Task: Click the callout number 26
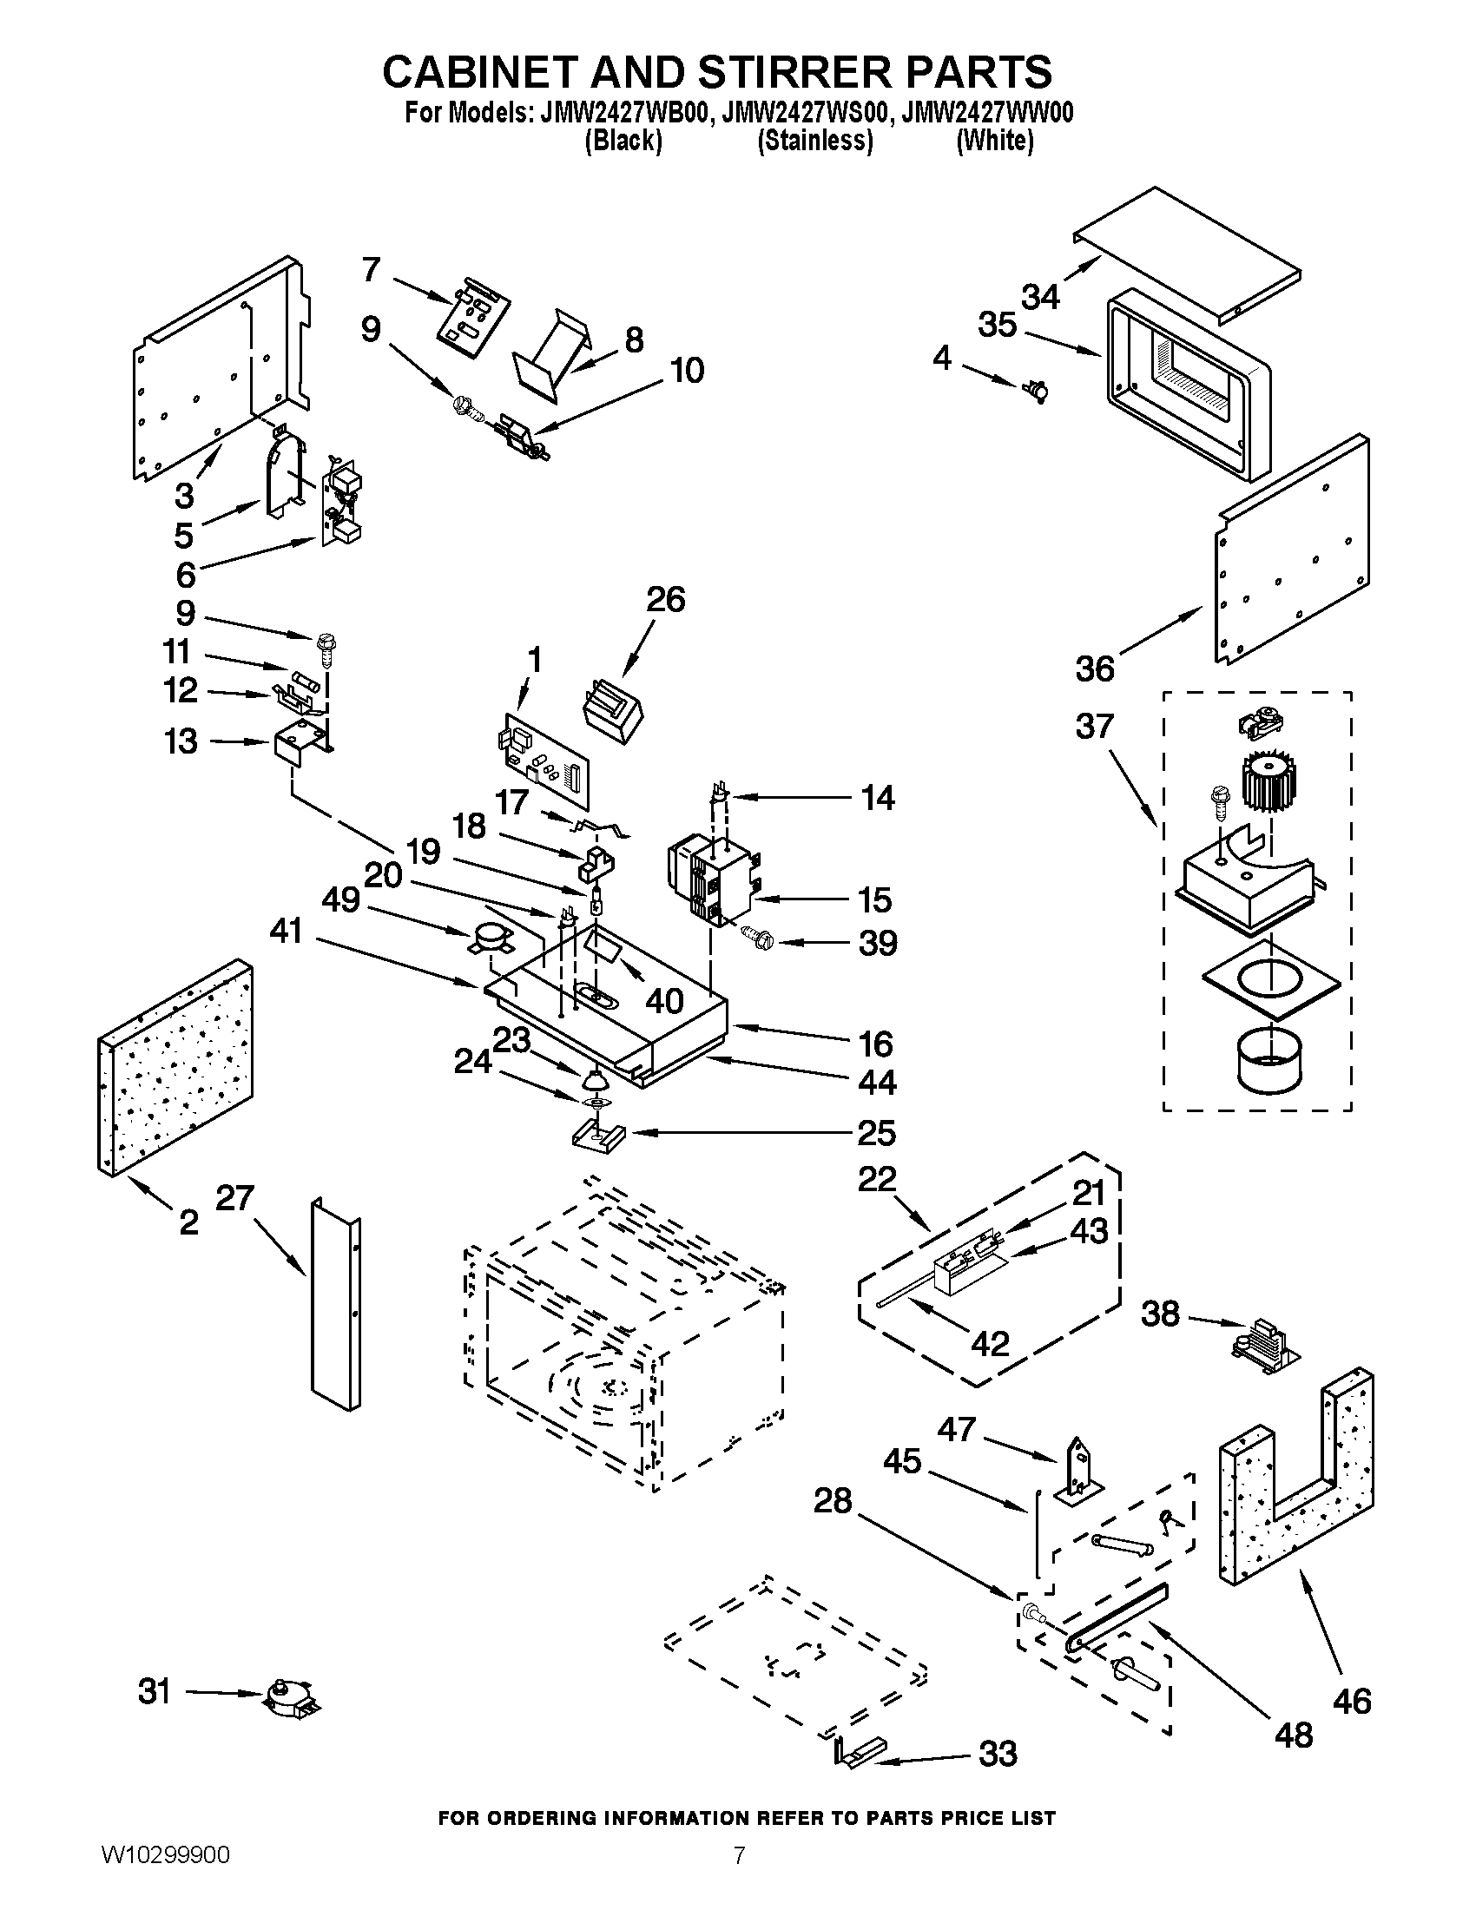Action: [x=665, y=600]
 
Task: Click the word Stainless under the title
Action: [x=815, y=140]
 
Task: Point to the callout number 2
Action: [x=189, y=1222]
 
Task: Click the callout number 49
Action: [x=341, y=899]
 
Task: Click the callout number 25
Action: [x=877, y=1132]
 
